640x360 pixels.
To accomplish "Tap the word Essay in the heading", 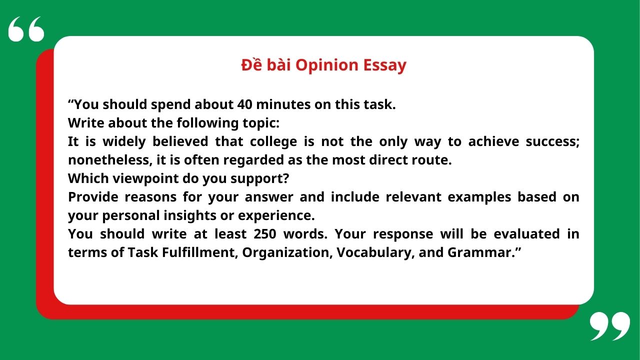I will point(384,65).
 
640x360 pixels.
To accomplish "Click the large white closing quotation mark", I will point(609,326).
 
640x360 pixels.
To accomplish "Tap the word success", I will point(552,141).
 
